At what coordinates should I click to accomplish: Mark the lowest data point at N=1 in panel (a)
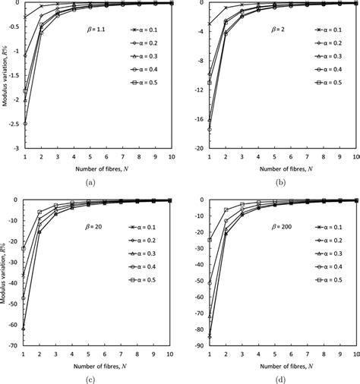tap(25, 124)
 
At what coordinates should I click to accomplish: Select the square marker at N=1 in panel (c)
tap(25, 249)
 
